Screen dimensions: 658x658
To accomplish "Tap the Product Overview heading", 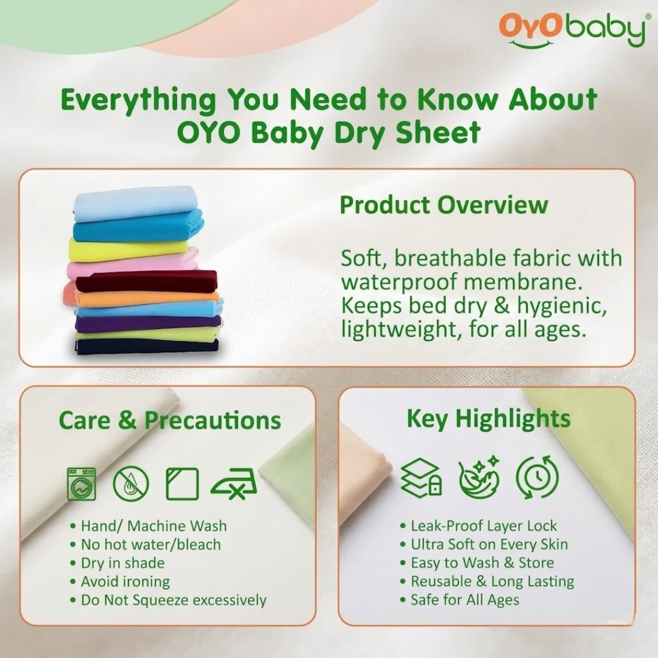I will tap(444, 205).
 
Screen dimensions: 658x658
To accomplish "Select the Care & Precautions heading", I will tap(170, 420).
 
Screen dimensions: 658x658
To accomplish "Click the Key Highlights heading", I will tap(488, 419).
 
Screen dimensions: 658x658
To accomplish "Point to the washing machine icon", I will tap(81, 484).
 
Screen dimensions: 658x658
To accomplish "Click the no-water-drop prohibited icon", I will tap(130, 484).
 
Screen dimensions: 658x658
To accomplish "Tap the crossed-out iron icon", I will tap(233, 485).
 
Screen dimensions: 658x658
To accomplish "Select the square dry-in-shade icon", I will tap(182, 484).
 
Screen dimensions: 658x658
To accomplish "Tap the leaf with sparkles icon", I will tap(479, 478).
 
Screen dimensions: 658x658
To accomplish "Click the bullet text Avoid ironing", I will tap(125, 581).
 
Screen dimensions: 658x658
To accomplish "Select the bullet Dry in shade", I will tap(122, 563).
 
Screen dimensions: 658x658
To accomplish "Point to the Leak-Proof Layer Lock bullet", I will tap(484, 526).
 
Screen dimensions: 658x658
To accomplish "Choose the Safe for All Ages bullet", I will tap(464, 600).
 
